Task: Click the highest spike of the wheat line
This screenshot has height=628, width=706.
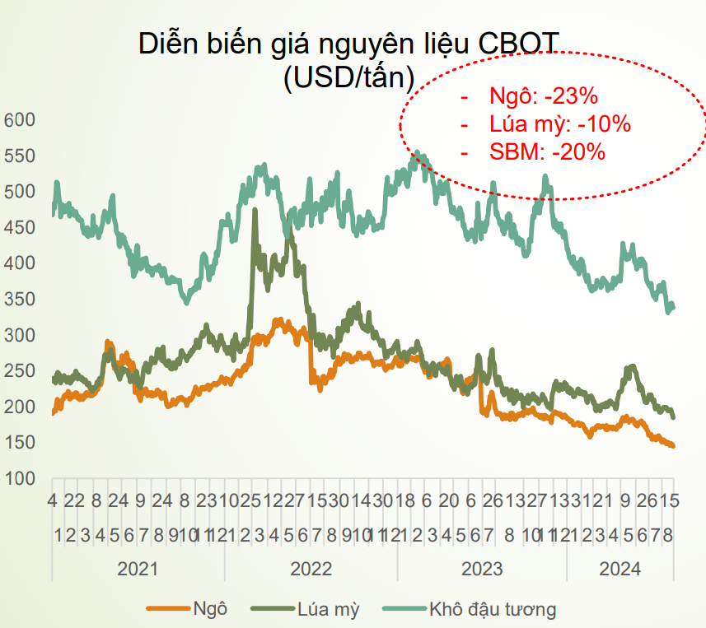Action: (254, 211)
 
